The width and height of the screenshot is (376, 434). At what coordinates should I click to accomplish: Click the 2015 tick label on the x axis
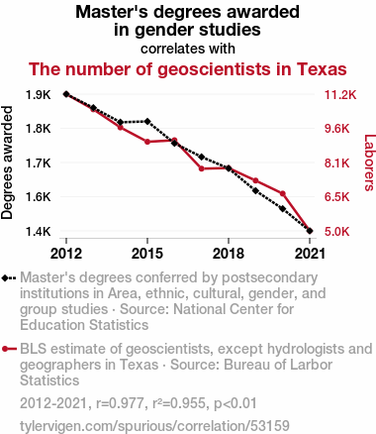(x=147, y=254)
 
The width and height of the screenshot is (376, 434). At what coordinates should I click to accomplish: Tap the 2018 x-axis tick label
(x=229, y=254)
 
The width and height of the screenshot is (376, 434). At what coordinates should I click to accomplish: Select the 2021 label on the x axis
(x=310, y=254)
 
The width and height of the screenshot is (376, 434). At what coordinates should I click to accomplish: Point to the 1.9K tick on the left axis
(x=39, y=95)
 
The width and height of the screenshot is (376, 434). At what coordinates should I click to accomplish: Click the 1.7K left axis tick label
(x=39, y=163)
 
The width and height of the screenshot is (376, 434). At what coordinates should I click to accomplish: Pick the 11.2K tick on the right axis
(x=340, y=95)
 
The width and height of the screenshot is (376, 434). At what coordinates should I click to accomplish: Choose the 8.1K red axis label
(x=336, y=163)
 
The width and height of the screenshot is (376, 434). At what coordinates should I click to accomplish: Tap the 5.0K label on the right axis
(x=336, y=231)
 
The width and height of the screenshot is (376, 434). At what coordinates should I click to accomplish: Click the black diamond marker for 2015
(x=147, y=121)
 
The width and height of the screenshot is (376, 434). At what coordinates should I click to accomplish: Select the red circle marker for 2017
(x=202, y=168)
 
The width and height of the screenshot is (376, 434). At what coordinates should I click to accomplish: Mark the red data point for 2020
(x=283, y=193)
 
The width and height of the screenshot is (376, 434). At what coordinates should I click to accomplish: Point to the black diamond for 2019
(x=255, y=190)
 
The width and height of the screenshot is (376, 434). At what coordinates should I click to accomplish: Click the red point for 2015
(x=147, y=142)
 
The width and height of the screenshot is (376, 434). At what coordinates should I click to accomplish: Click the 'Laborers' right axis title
(x=370, y=163)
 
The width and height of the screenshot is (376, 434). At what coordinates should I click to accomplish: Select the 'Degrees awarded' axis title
(x=7, y=163)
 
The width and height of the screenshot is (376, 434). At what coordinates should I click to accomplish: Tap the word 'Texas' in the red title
(x=322, y=69)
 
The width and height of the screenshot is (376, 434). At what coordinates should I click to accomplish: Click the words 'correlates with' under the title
(x=188, y=49)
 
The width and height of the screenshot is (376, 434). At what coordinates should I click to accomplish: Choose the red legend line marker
(x=9, y=349)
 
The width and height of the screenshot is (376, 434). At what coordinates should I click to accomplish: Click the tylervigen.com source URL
(x=154, y=426)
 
